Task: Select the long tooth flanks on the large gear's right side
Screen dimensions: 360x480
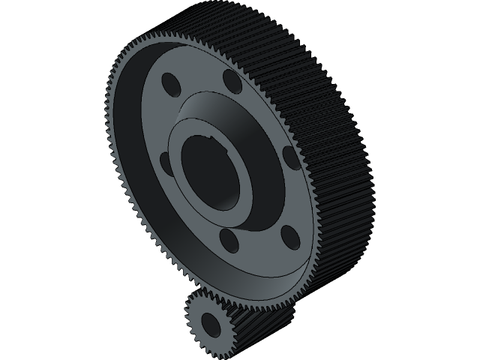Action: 337,150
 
